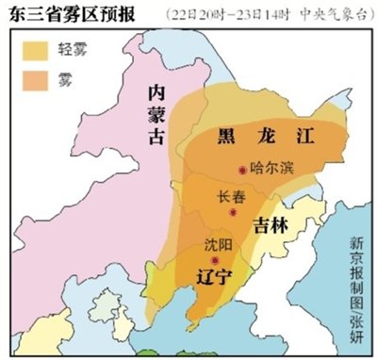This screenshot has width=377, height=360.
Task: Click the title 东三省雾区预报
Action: [x=71, y=13]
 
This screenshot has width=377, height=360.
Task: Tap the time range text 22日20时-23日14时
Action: [x=218, y=14]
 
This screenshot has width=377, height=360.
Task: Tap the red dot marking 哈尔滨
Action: [x=243, y=170]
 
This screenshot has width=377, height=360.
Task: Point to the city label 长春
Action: [x=232, y=198]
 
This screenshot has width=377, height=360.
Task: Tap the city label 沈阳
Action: [x=218, y=244]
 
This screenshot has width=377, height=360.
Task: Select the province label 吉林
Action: [x=271, y=223]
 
